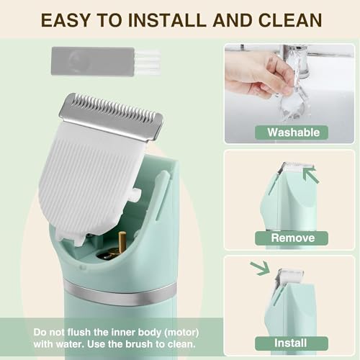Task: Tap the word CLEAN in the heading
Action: coord(284,19)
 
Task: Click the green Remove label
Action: coord(292,238)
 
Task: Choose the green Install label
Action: coord(292,342)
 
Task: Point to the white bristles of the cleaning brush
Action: coord(148,61)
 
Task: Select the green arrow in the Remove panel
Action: coord(310,174)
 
